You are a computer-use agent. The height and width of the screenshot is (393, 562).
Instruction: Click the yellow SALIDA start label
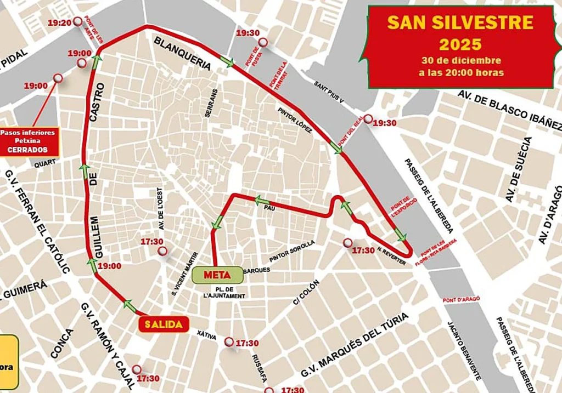click(163, 324)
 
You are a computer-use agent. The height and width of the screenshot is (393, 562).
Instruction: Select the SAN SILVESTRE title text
click(460, 22)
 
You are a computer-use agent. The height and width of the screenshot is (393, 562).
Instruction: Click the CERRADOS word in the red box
click(27, 150)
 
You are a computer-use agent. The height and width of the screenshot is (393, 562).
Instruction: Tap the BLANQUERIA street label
click(182, 53)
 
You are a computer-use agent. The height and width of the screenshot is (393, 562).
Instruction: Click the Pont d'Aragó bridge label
click(462, 300)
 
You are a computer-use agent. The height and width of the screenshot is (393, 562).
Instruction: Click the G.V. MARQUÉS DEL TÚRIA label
click(354, 345)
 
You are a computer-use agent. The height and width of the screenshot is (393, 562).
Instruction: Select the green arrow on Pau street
click(262, 201)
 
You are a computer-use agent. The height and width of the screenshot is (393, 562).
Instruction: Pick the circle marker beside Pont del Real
click(368, 119)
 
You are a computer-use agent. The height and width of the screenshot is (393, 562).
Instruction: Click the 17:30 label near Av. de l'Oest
click(153, 241)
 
